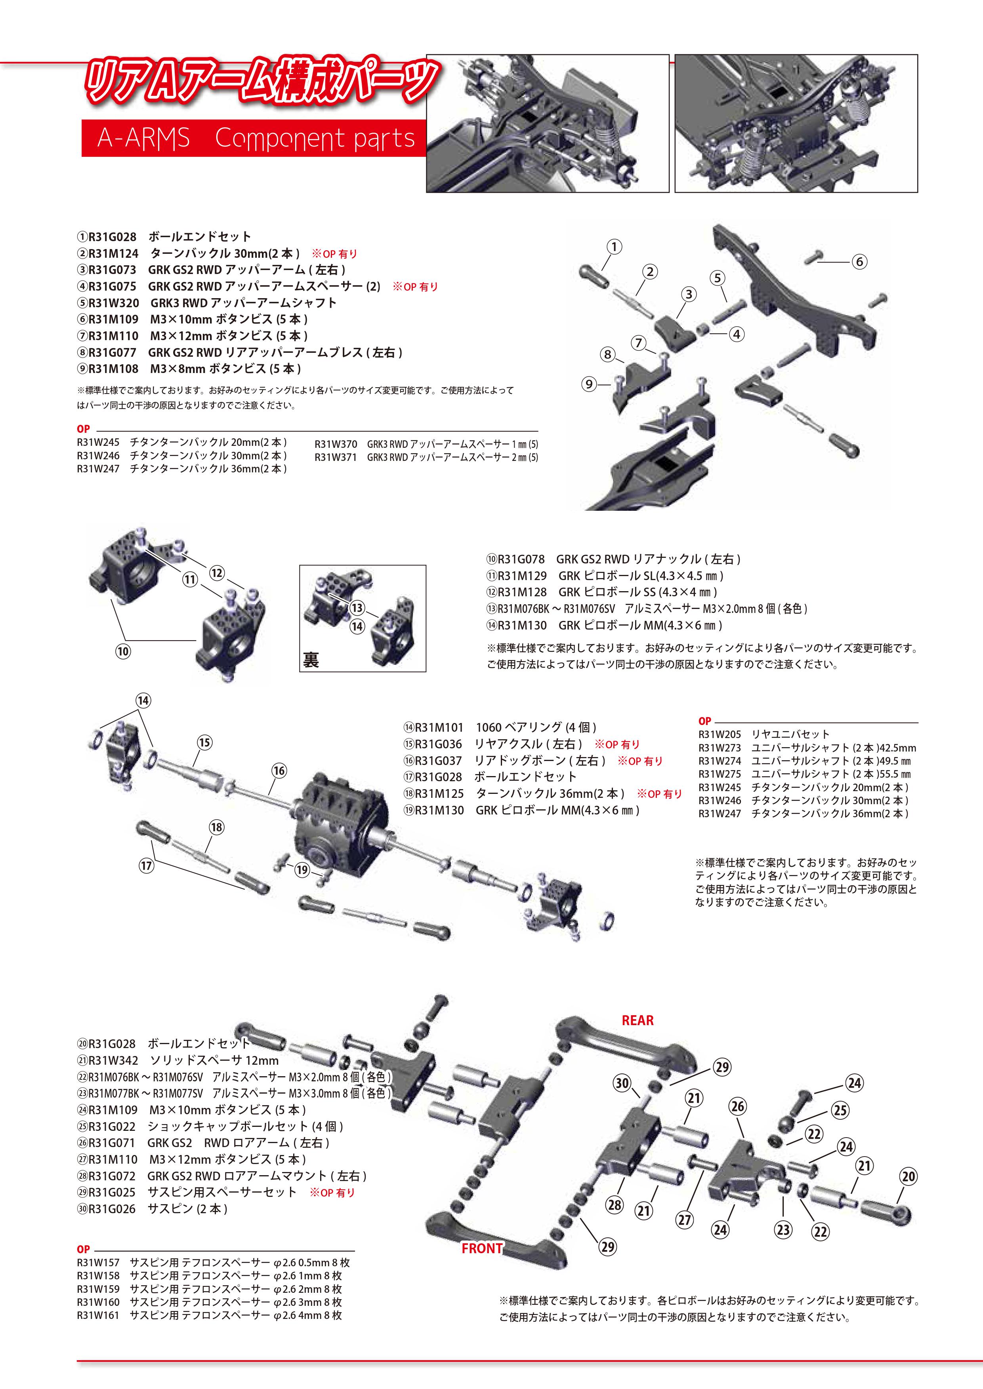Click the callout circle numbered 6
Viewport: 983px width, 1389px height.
tap(859, 262)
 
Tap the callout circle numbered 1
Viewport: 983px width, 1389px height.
tap(614, 247)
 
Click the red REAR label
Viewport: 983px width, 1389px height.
tap(638, 1021)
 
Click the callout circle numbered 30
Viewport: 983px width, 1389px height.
tap(622, 1083)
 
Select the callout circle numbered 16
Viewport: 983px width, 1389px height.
tap(279, 771)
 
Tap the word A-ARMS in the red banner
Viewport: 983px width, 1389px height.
tap(143, 139)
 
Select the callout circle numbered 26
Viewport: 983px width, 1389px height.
tap(737, 1106)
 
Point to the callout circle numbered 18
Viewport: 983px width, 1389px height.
tap(217, 827)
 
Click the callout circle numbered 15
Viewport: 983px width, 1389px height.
tap(204, 743)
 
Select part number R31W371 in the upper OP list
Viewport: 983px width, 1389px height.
tap(335, 457)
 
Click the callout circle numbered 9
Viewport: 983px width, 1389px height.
tap(589, 384)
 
